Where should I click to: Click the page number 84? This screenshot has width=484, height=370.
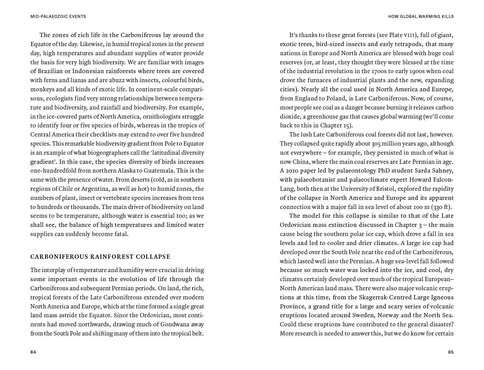(x=33, y=352)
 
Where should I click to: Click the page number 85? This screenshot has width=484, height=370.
(x=451, y=352)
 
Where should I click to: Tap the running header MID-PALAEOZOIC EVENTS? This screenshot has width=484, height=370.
(x=58, y=16)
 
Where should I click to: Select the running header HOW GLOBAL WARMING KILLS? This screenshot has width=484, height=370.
(x=421, y=16)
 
